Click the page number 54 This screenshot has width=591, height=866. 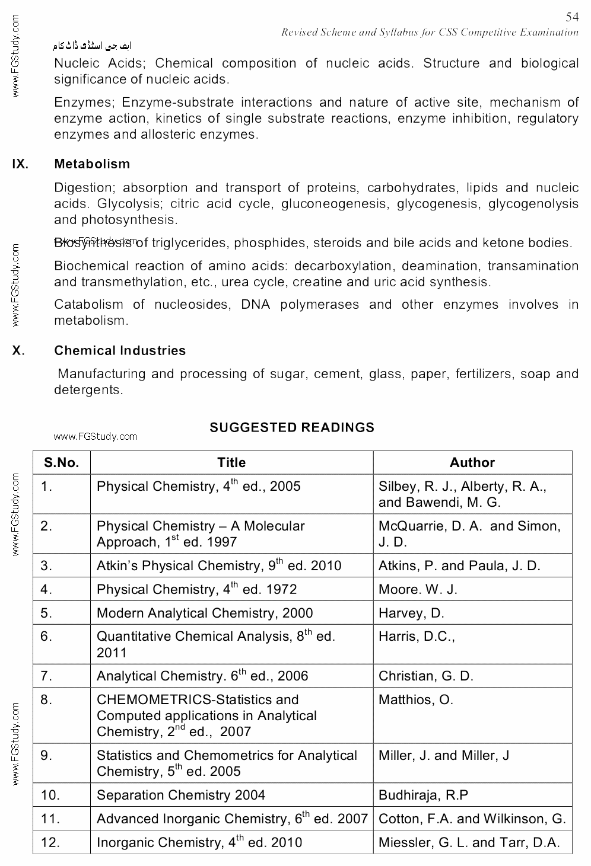point(571,17)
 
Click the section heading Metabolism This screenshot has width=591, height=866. point(92,164)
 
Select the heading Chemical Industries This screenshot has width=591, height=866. point(120,351)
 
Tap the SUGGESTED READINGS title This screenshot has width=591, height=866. point(292,427)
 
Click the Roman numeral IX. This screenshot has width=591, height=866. point(20,164)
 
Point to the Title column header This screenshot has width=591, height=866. point(231,463)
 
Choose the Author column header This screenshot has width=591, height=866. point(472,463)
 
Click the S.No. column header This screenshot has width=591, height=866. point(61,463)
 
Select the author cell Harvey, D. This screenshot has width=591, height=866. point(411,613)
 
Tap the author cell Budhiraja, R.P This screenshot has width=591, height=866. point(423,795)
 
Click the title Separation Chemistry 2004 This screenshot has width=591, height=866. point(181,795)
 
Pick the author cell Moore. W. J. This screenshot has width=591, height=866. point(418,589)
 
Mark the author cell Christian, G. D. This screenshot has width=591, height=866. point(425,676)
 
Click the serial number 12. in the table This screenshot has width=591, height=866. point(50,842)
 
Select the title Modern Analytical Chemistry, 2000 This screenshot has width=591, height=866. point(205,613)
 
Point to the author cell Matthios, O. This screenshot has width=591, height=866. point(415,700)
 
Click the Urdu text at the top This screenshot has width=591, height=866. point(92,46)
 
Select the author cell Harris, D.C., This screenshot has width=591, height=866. point(417,637)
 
